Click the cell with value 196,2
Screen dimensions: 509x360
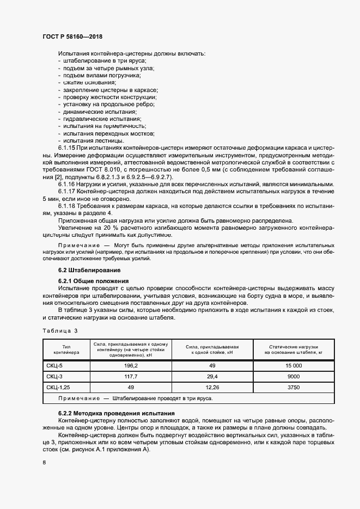(x=131, y=366)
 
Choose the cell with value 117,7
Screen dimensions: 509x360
(x=131, y=376)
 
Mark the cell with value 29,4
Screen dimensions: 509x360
(x=212, y=376)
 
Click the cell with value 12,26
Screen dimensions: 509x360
(x=212, y=387)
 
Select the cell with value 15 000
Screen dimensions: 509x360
(x=294, y=366)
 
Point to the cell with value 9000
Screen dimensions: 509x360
(x=294, y=376)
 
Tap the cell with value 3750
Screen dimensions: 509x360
(x=294, y=387)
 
